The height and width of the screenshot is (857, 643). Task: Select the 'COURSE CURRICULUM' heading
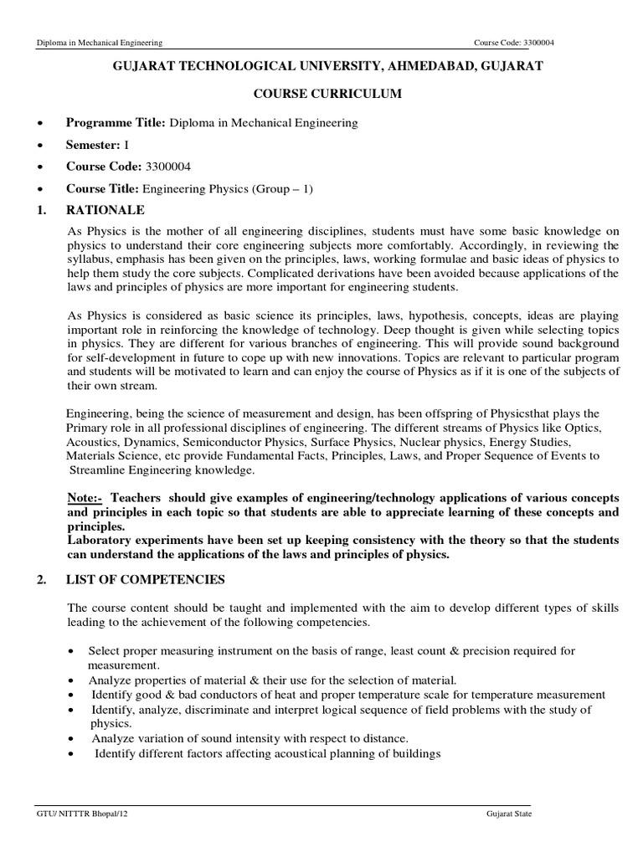(x=321, y=95)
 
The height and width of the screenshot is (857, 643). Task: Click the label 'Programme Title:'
(x=116, y=123)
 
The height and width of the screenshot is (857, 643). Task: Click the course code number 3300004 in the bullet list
(x=167, y=167)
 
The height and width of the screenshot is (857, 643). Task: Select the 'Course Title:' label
(x=104, y=188)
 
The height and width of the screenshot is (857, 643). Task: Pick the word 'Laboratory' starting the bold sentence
(x=100, y=541)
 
